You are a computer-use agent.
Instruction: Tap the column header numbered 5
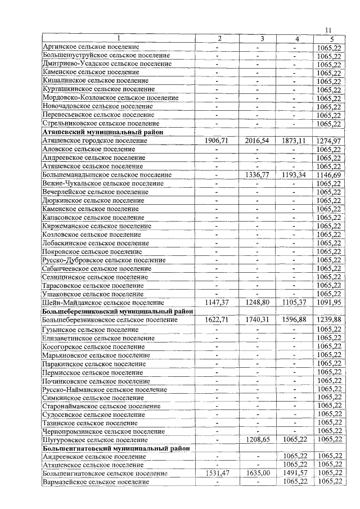coord(332,39)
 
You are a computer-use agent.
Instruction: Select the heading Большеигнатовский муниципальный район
coord(115,448)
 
